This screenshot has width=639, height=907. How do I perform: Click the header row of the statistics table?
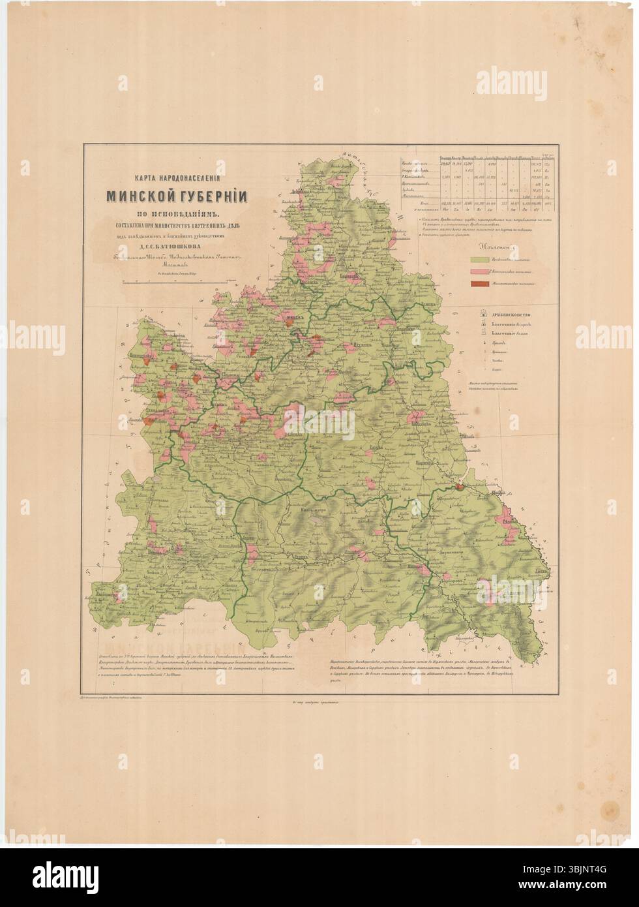click(x=479, y=158)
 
